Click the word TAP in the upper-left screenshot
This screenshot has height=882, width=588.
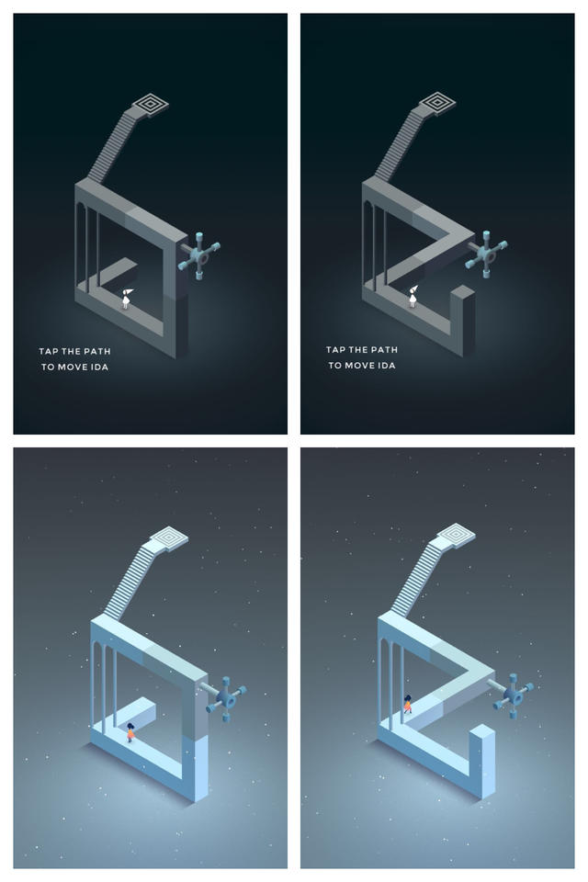(49, 352)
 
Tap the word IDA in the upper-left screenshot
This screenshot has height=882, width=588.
(100, 367)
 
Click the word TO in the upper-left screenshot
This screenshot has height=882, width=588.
(48, 367)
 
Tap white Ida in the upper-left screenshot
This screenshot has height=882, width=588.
(127, 298)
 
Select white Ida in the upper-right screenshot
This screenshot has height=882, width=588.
(413, 296)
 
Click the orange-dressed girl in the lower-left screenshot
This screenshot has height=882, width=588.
(130, 732)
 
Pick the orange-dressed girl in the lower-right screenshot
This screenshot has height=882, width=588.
(407, 705)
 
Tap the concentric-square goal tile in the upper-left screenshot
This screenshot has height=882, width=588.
(151, 104)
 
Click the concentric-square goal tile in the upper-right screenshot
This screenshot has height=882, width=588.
(437, 103)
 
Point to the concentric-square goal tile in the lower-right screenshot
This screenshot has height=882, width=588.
(457, 533)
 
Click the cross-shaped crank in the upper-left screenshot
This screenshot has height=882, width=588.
(199, 255)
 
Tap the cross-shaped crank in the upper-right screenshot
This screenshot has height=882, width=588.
(486, 254)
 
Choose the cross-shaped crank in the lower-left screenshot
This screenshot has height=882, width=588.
(226, 698)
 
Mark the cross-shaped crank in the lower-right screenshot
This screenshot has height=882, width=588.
(514, 695)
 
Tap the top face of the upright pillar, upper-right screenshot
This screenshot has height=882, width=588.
(462, 291)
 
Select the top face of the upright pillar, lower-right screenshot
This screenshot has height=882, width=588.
(482, 731)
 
